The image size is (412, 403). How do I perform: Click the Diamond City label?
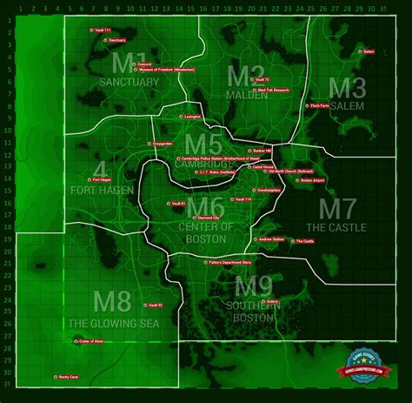209,218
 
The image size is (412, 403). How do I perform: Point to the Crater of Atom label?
90,341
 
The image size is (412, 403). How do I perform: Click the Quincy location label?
272,301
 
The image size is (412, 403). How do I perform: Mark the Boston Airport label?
313,180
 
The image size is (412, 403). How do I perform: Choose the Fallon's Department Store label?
230,261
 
